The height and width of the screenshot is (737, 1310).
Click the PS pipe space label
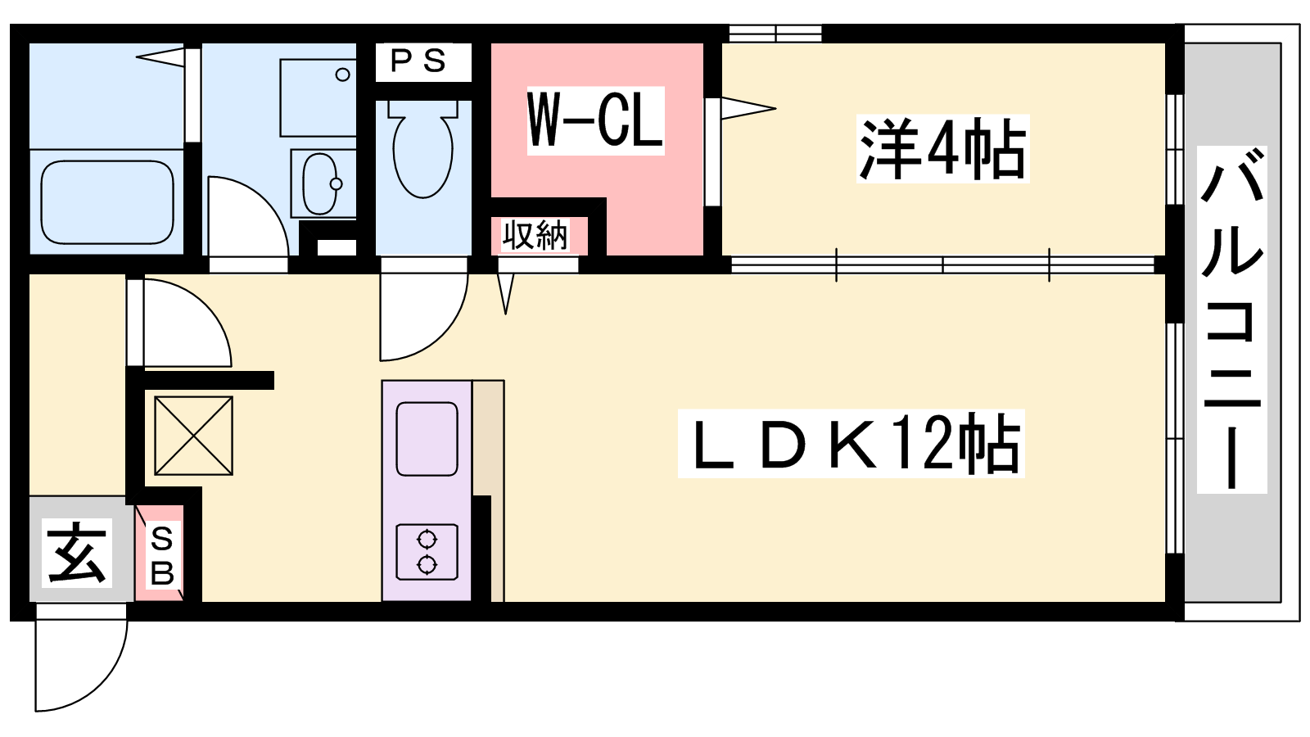pos(418,61)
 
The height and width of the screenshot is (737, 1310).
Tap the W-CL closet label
pos(595,120)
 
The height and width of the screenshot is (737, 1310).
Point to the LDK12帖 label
pos(851,443)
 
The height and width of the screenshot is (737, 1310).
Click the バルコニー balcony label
pos(1231,319)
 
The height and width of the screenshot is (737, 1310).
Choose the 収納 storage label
pos(535,236)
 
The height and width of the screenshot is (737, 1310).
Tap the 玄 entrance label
pos(77,552)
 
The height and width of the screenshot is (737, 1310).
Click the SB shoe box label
pos(162,556)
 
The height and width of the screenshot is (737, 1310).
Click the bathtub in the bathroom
pos(107,201)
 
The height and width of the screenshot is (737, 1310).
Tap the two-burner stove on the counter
pos(427,553)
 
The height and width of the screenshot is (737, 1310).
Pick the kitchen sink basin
pos(427,439)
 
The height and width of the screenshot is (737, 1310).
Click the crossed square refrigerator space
pos(193,436)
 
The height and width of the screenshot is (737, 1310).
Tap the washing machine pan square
pos(318,97)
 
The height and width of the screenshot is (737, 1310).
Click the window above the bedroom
pos(775,34)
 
